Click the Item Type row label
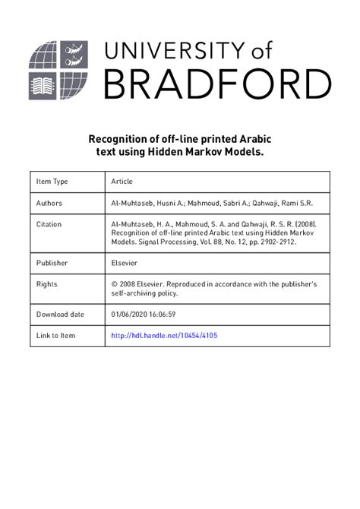[x=52, y=182]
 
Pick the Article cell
[x=122, y=182]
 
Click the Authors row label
[x=49, y=204]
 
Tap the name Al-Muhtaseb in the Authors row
[x=134, y=204]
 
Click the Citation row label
[x=49, y=225]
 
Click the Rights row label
[x=47, y=284]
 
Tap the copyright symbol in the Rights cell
[x=115, y=284]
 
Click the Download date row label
[x=60, y=314]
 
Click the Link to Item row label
[x=56, y=335]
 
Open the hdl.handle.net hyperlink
[x=164, y=335]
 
